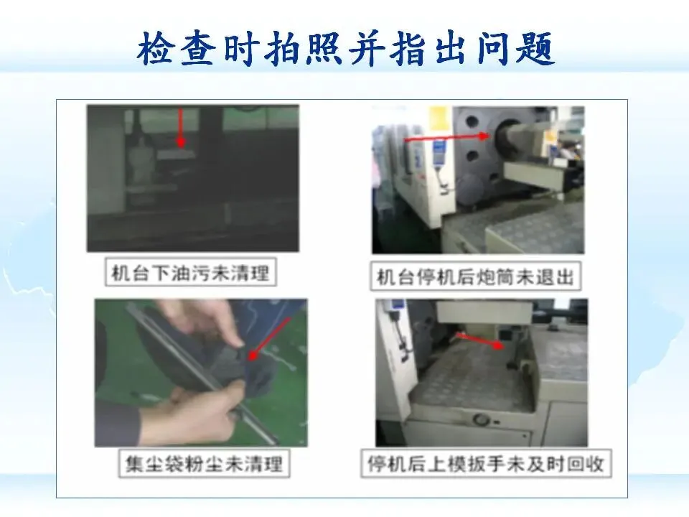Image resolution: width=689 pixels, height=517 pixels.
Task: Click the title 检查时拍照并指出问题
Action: pos(345,48)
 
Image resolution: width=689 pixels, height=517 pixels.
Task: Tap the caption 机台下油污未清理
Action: pos(190,273)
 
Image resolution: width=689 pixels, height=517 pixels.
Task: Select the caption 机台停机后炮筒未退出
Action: pos(475,277)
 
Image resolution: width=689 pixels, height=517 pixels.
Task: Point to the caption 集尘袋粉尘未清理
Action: pos(204,464)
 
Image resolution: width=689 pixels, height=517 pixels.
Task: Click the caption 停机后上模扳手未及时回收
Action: pos(486,464)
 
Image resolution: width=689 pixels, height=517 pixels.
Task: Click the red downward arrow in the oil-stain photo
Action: pos(181,128)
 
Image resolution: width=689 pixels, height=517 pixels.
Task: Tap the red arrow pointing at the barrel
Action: pos(446,138)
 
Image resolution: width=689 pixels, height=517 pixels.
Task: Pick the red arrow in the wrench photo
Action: pos(479,340)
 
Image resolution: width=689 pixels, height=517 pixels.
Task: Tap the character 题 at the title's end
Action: pos(535,48)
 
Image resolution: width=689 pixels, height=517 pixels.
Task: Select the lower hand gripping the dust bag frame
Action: pos(198,414)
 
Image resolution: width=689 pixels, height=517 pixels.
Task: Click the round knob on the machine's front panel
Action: pos(482,419)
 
